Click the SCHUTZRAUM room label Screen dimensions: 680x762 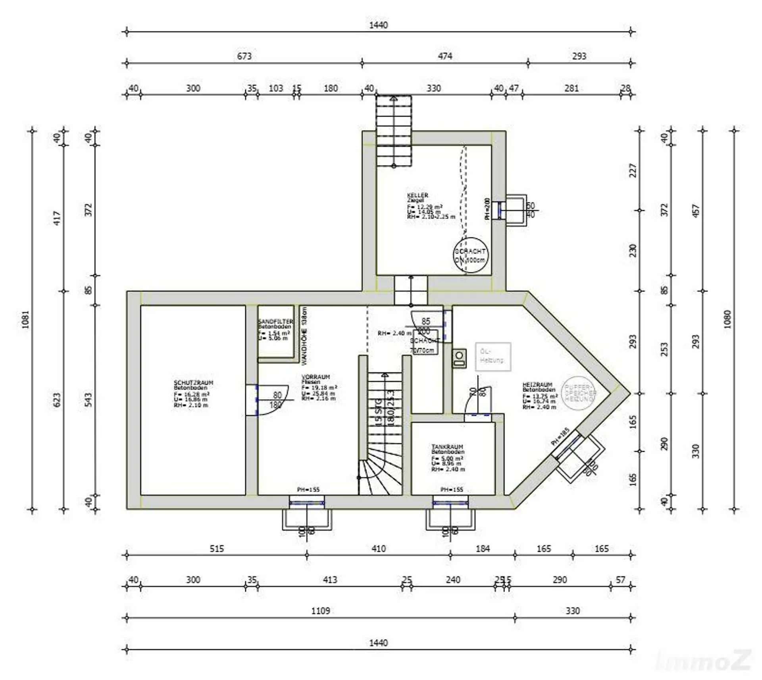pyautogui.click(x=193, y=383)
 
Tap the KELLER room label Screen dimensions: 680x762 pyautogui.click(x=418, y=196)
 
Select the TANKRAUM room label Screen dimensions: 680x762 pyautogui.click(x=447, y=447)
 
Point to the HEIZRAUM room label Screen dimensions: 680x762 pyautogui.click(x=537, y=384)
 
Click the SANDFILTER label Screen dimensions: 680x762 pyautogui.click(x=275, y=321)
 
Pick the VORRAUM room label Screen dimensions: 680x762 pyautogui.click(x=316, y=377)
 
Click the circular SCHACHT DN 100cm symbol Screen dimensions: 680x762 pyautogui.click(x=471, y=255)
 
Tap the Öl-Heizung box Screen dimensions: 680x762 pyautogui.click(x=493, y=356)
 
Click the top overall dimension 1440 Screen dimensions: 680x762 pyautogui.click(x=378, y=25)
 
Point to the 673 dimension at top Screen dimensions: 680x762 pyautogui.click(x=244, y=56)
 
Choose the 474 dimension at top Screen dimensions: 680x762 pyautogui.click(x=445, y=56)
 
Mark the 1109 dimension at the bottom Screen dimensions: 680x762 pyautogui.click(x=320, y=611)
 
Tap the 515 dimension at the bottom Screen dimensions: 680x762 pyautogui.click(x=216, y=549)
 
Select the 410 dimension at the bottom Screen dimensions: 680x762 pyautogui.click(x=378, y=549)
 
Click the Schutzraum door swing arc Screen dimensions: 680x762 pyautogui.click(x=274, y=401)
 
